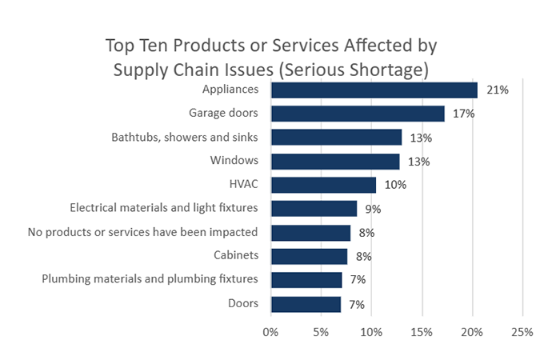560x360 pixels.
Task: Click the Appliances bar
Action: [374, 90]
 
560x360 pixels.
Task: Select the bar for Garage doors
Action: [358, 114]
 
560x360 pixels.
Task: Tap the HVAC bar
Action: [323, 185]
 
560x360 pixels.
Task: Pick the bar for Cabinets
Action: [309, 256]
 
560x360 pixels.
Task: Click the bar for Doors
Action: [306, 304]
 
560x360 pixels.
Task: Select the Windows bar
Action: [335, 162]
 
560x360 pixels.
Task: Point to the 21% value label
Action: [498, 90]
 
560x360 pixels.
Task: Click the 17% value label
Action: [464, 114]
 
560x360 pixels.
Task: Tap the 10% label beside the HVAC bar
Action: [395, 185]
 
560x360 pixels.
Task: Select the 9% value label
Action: [374, 209]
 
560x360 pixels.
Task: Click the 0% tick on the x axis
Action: [270, 331]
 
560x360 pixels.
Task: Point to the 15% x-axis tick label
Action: [422, 331]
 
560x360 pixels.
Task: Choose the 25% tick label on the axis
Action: [522, 331]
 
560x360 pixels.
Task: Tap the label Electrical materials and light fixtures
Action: [164, 209]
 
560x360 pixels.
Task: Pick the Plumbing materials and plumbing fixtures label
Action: [150, 280]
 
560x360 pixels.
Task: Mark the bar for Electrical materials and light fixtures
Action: [314, 209]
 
